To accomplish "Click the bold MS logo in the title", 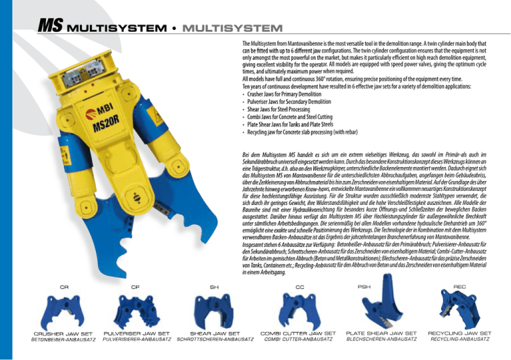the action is (49, 27).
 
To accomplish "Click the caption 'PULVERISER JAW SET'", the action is (136, 333).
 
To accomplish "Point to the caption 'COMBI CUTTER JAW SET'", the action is (298, 333).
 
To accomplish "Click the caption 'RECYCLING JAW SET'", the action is (460, 333).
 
